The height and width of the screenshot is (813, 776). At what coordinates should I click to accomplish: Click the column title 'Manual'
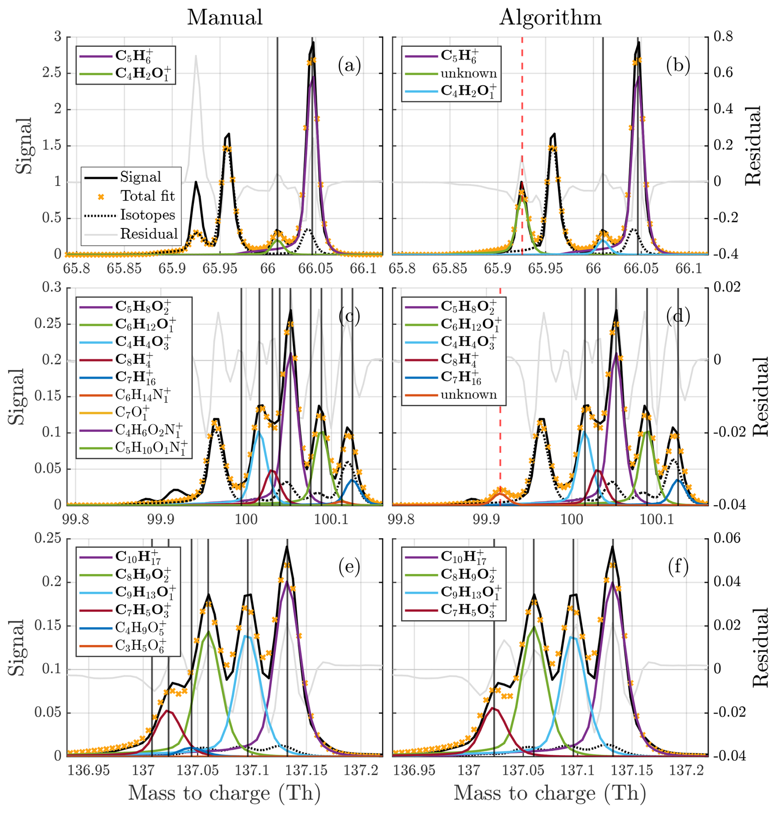(225, 18)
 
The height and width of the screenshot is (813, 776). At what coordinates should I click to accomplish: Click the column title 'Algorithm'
(550, 18)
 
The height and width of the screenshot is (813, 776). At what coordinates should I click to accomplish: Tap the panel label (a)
(349, 66)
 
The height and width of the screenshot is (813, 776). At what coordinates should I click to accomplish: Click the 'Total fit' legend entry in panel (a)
(147, 196)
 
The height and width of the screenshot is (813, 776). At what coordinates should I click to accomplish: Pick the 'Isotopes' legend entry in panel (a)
(147, 215)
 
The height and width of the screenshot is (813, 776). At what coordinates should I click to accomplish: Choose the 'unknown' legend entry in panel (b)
(468, 74)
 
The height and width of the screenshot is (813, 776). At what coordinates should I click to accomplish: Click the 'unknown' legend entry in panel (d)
(468, 395)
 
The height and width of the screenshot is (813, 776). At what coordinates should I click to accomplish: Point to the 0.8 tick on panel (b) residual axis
(722, 37)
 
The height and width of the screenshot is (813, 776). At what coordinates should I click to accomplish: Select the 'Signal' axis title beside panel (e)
(17, 647)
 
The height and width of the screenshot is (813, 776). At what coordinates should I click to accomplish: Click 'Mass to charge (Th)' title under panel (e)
(224, 793)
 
